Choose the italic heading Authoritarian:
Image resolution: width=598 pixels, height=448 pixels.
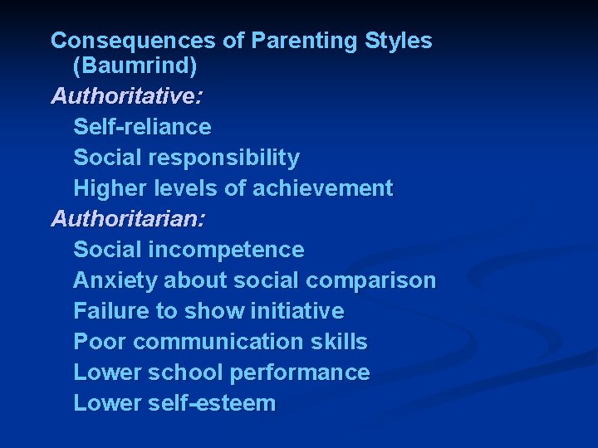(x=129, y=219)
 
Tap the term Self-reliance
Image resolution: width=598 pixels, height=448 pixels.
(x=142, y=127)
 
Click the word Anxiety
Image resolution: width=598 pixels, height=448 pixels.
(x=115, y=280)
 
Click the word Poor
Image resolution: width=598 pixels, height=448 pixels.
(x=100, y=342)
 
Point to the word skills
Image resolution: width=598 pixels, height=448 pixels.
(x=341, y=342)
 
